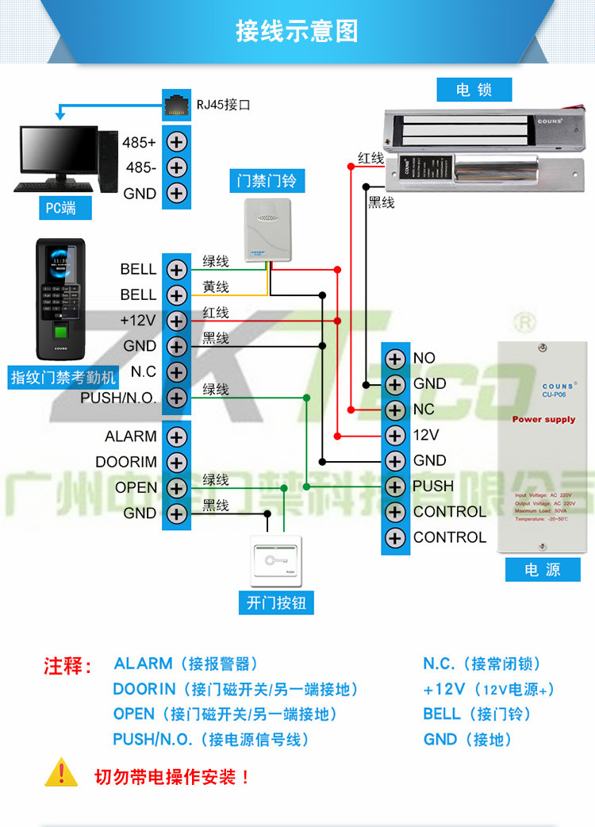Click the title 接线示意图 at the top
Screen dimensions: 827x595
[x=297, y=31]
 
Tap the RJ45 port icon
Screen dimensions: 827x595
[x=175, y=103]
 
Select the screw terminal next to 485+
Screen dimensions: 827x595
[x=176, y=142]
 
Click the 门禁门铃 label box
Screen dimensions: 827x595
[x=267, y=181]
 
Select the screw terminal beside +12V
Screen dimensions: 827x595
[x=176, y=321]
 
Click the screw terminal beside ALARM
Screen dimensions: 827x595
[x=176, y=437]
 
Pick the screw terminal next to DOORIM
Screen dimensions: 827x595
[x=176, y=462]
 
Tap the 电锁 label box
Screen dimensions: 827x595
[x=474, y=90]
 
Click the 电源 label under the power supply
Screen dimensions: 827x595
[x=543, y=569]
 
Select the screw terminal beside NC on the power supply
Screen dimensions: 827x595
[x=394, y=410]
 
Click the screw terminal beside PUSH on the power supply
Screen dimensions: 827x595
[x=394, y=486]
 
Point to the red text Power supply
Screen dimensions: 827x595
[x=543, y=419]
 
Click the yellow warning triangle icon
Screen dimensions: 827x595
[x=61, y=774]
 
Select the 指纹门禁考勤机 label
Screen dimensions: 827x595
[x=63, y=377]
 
